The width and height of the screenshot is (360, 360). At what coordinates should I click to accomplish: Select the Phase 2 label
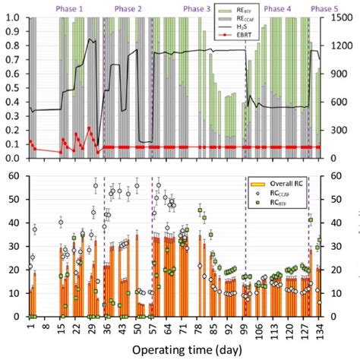(128, 7)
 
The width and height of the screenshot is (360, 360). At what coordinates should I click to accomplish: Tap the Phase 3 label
(197, 7)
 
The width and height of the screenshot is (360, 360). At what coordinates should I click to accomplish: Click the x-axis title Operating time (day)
(181, 349)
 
